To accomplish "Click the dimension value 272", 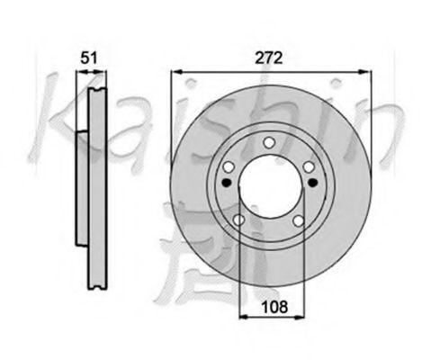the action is (268, 58).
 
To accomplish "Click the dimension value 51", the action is (89, 58).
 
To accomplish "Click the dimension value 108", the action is (274, 307).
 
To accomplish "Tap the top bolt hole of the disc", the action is (269, 142).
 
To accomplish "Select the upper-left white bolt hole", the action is (229, 166).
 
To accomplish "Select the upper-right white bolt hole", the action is (309, 167).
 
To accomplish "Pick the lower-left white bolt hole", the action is (239, 220).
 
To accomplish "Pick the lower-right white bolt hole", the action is (299, 220).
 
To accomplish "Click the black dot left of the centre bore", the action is (227, 182).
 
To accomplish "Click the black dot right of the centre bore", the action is (313, 182).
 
